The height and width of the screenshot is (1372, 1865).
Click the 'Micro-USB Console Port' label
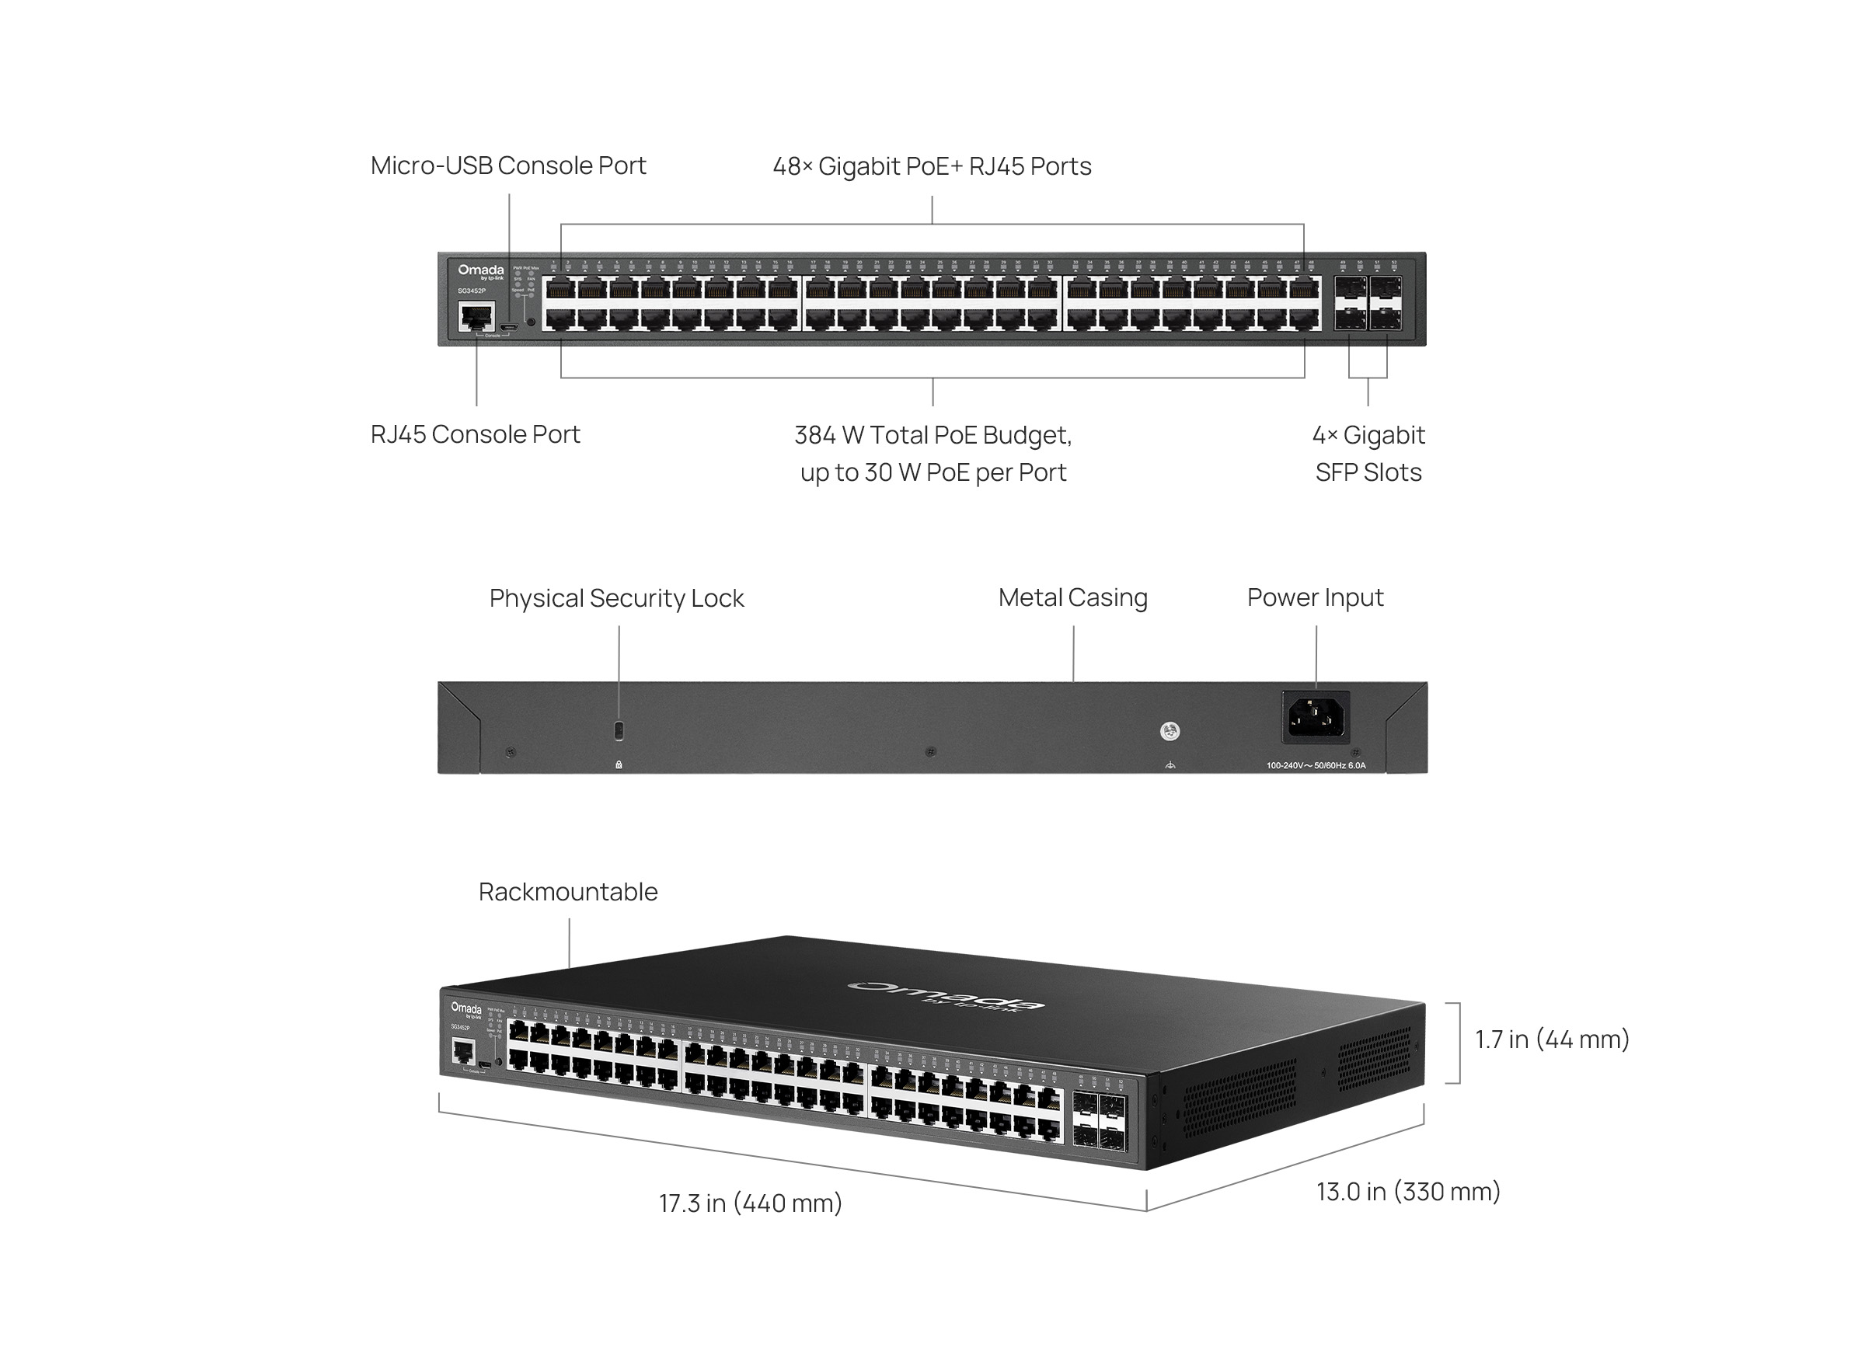(x=507, y=165)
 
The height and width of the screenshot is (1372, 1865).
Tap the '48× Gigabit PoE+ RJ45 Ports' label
(x=931, y=166)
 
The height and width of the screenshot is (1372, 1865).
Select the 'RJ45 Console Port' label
(x=475, y=434)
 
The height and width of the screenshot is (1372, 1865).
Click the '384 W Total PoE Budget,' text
(x=932, y=434)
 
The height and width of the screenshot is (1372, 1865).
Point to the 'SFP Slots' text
(x=1368, y=472)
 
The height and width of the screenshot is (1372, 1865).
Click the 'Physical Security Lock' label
(x=615, y=598)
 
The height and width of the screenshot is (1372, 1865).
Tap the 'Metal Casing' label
(x=1072, y=597)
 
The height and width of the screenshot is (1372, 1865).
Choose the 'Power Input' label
(x=1314, y=597)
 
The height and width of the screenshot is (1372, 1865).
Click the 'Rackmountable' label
(x=567, y=891)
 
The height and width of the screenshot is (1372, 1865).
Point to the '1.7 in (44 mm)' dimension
(x=1551, y=1039)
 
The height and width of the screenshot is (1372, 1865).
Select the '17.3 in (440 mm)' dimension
(x=750, y=1203)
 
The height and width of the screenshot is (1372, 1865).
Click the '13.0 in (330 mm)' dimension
(x=1407, y=1191)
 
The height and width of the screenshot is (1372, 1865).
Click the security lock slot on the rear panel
(x=618, y=731)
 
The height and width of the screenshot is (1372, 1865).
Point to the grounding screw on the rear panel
(x=1169, y=731)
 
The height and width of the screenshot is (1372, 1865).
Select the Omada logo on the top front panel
(x=480, y=270)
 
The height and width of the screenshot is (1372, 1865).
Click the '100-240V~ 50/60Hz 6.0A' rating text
(x=1315, y=766)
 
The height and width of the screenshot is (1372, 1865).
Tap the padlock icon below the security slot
(x=618, y=764)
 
